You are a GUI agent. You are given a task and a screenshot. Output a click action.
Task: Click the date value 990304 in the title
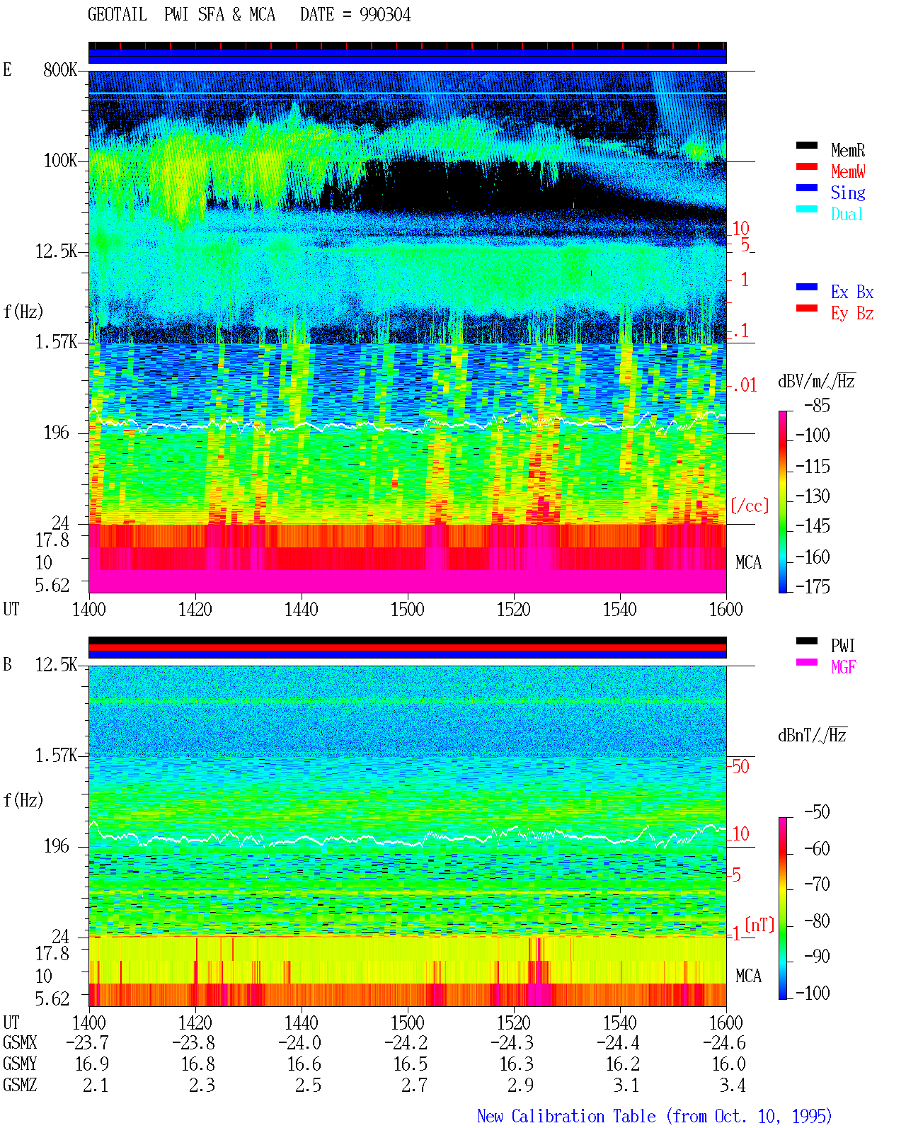(x=384, y=15)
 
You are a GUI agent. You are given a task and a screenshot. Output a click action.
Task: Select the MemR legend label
(x=847, y=150)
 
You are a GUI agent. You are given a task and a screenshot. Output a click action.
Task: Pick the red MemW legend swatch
(x=806, y=166)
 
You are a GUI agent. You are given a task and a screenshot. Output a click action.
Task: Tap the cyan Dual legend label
(x=847, y=214)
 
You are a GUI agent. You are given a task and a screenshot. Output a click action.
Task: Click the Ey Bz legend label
(x=851, y=313)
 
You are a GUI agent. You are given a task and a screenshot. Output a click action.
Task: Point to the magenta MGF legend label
(x=843, y=667)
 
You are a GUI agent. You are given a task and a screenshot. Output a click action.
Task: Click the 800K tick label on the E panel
(x=59, y=69)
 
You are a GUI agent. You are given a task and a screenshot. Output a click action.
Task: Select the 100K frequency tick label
(x=59, y=161)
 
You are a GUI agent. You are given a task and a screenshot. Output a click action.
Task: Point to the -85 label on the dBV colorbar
(x=817, y=405)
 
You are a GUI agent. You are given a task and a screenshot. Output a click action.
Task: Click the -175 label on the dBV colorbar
(x=813, y=586)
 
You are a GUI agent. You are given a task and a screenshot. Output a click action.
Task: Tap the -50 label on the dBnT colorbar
(x=817, y=812)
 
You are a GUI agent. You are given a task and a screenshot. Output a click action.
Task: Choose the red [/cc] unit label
(x=750, y=506)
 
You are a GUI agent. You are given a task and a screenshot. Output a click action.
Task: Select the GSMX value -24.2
(x=406, y=1042)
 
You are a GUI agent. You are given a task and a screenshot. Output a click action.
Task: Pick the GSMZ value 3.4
(x=733, y=1085)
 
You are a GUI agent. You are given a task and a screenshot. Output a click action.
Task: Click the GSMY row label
(x=20, y=1064)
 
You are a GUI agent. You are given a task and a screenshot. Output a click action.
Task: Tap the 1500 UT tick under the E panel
(x=407, y=609)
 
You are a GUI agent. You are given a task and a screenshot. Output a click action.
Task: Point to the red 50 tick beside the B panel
(x=740, y=767)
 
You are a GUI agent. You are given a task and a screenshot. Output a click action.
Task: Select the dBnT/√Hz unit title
(x=812, y=735)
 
